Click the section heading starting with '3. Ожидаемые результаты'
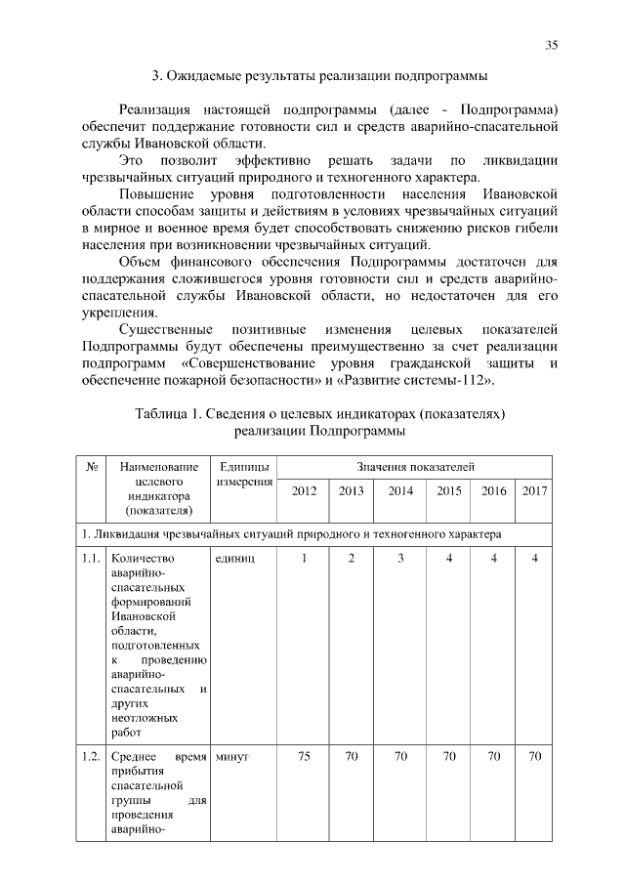click(318, 75)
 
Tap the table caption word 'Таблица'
click(163, 414)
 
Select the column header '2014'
click(400, 490)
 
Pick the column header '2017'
click(533, 490)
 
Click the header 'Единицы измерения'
click(242, 476)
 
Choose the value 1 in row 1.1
click(304, 558)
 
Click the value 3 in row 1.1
click(400, 558)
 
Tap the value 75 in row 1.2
click(304, 756)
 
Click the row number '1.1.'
click(91, 558)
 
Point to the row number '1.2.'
click(91, 756)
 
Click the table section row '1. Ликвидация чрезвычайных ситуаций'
click(292, 534)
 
